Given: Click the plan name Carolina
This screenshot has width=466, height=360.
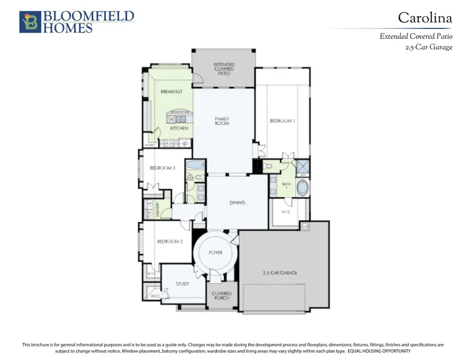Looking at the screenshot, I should tap(425, 18).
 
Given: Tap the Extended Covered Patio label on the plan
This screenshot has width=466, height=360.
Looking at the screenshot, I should tap(224, 69).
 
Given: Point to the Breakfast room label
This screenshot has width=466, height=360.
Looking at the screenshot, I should tap(171, 92).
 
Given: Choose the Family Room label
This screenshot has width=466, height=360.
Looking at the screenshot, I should tap(222, 121).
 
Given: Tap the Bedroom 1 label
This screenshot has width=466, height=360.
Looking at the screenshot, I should tap(282, 121).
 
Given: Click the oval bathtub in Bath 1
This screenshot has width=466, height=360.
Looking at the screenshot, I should tap(303, 188).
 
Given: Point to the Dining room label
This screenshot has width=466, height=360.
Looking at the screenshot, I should tap(237, 203).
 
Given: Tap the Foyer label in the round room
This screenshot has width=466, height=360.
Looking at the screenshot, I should tap(215, 253).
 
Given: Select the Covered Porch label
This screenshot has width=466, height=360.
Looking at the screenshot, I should tap(222, 296).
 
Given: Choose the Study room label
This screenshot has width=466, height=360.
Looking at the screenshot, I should tap(182, 284).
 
